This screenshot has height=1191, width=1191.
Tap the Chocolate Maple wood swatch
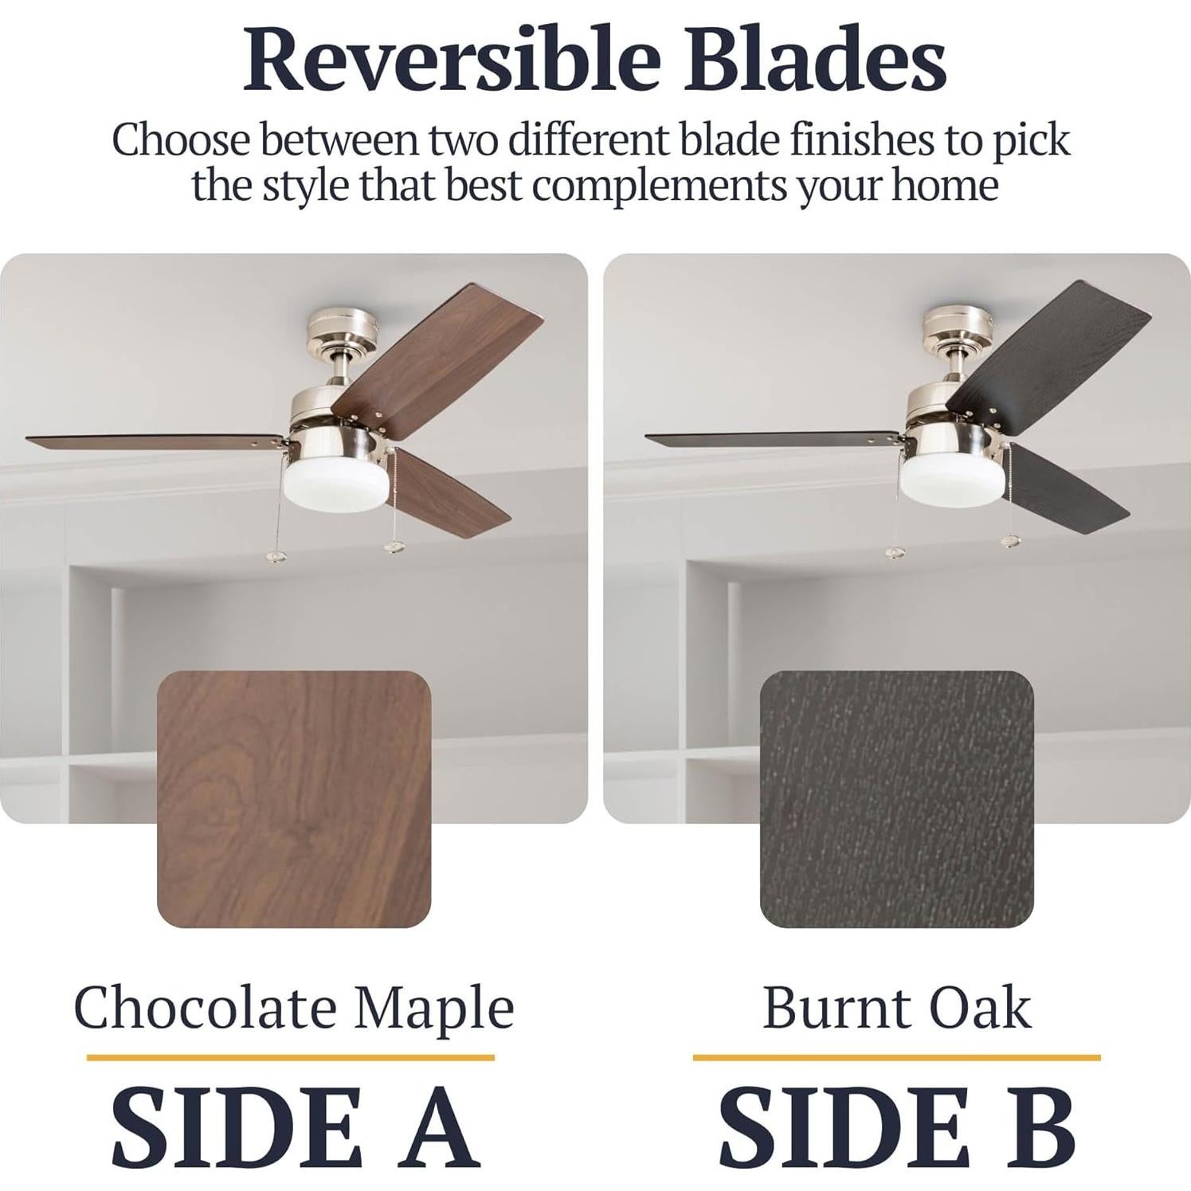294,799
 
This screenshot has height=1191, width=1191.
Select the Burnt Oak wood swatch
896,799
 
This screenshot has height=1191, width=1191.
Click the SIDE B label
898,1128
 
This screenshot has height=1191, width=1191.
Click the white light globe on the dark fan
946,480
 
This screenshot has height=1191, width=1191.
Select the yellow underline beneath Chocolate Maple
291,1058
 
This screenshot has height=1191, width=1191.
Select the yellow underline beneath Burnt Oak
896,1058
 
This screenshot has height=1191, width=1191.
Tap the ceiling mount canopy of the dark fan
959,327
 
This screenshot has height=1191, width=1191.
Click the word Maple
434,1009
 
